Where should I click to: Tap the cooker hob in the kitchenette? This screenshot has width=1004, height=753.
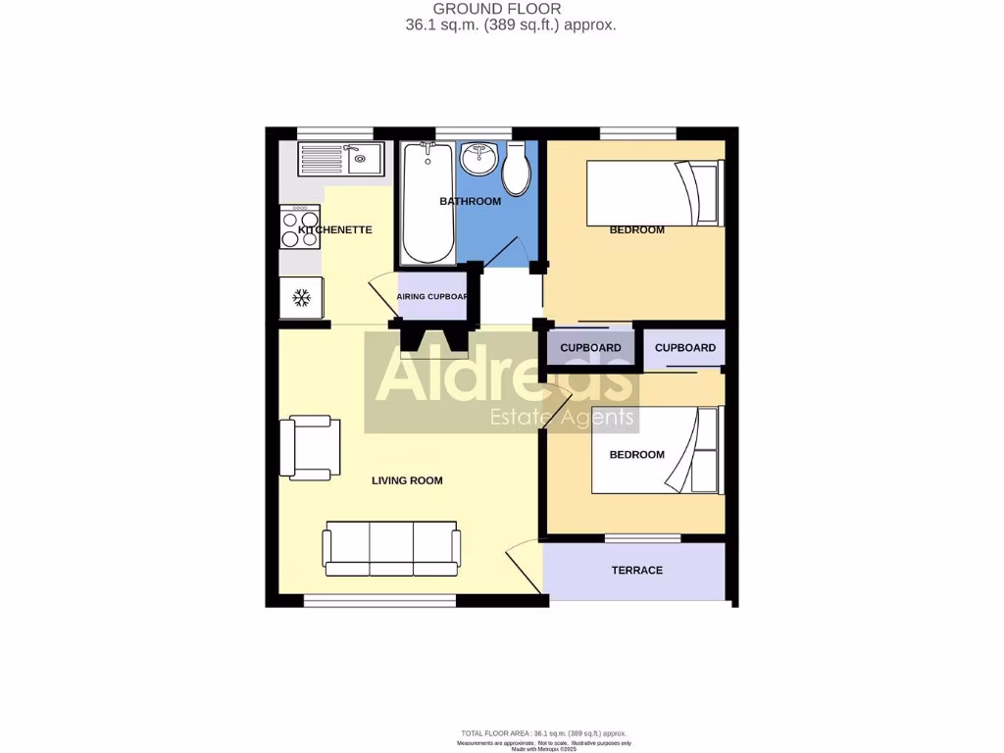pos(299,228)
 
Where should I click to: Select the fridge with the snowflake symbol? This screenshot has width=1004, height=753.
pos(302,296)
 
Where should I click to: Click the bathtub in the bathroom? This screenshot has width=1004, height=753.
pos(427,203)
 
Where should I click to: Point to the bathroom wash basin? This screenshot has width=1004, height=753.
pos(480,157)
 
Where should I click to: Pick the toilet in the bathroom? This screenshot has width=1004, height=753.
pos(517,169)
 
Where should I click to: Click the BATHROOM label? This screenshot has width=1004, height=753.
pos(470,202)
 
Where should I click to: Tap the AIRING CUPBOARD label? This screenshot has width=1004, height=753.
pos(432,296)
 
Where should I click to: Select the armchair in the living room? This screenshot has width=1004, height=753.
pos(310,448)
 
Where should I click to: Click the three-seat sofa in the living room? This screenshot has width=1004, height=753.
pos(391,547)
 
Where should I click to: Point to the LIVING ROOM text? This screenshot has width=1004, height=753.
pos(407,480)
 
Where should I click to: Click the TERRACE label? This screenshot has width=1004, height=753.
pos(637,571)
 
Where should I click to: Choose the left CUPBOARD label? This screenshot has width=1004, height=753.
pos(590,348)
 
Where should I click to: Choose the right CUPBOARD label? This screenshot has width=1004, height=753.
pos(685,348)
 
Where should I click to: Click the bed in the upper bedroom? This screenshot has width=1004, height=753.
pos(653,193)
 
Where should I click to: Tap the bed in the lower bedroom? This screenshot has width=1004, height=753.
pos(657,450)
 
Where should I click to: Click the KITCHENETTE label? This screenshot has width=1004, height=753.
pos(335,229)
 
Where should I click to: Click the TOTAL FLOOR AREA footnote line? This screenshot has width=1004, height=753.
pos(543,733)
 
